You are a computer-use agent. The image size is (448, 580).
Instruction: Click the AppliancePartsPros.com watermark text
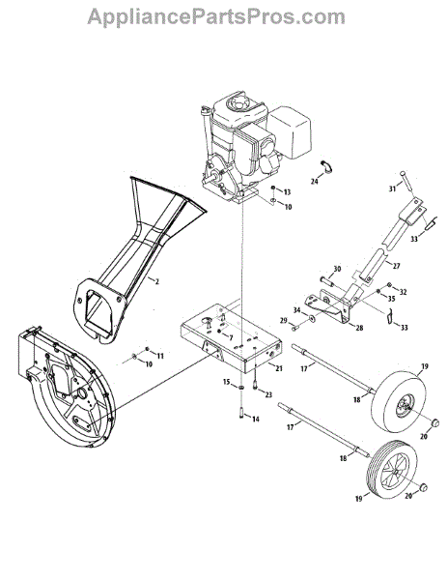tap(216, 17)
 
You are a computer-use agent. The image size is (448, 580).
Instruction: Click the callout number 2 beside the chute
tap(157, 282)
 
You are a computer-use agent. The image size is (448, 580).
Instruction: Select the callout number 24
tap(315, 182)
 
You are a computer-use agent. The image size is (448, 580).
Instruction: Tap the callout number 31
tap(392, 188)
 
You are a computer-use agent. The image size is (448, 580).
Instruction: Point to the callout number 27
tap(396, 266)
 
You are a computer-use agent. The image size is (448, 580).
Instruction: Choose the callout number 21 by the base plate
tap(279, 368)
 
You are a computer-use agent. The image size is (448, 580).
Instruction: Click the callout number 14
tap(231, 337)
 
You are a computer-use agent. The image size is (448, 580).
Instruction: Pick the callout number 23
tap(268, 394)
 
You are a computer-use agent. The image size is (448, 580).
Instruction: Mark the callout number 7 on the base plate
tap(231, 337)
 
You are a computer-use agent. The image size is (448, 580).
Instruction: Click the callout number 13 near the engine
tap(287, 191)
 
